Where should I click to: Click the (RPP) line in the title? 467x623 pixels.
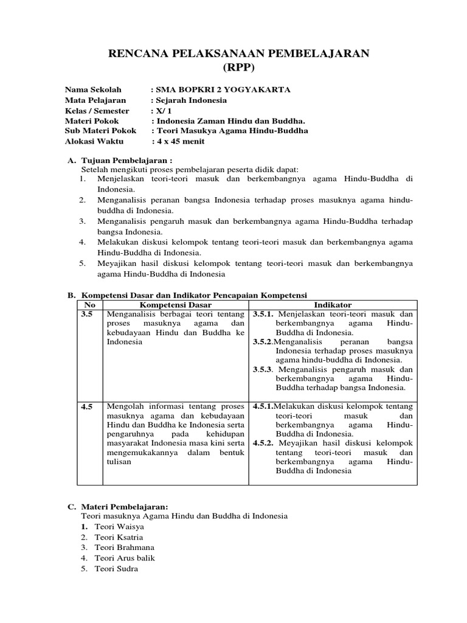[x=233, y=67]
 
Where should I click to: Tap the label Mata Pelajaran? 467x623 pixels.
[x=95, y=100]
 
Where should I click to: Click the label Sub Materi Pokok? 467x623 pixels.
[x=102, y=131]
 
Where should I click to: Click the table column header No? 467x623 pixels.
[x=90, y=304]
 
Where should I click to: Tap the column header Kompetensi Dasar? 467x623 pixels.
[x=176, y=304]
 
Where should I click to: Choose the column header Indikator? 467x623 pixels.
[x=333, y=304]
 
